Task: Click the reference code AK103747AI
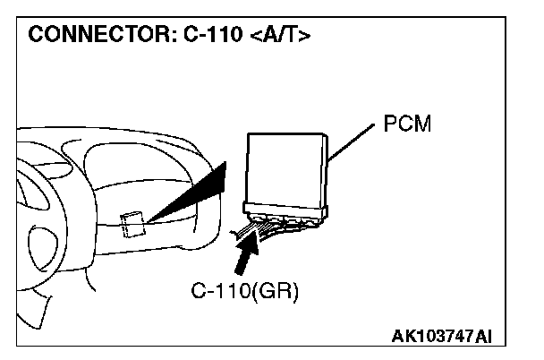[442, 336]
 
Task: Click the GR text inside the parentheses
[277, 293]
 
